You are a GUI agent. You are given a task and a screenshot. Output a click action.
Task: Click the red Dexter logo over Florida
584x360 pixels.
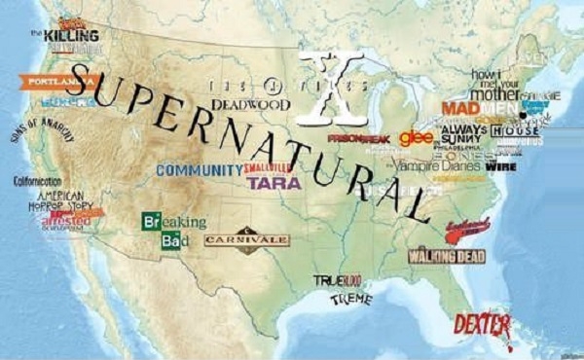click(482, 325)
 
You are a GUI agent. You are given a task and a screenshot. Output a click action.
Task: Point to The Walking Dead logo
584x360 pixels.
click(447, 256)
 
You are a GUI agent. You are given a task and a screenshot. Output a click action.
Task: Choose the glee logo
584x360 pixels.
click(416, 136)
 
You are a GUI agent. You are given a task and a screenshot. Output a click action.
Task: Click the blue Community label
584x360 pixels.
click(199, 170)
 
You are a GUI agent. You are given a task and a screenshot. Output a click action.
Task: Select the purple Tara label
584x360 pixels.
click(274, 182)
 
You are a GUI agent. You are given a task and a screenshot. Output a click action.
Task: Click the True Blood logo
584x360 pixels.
click(337, 280)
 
